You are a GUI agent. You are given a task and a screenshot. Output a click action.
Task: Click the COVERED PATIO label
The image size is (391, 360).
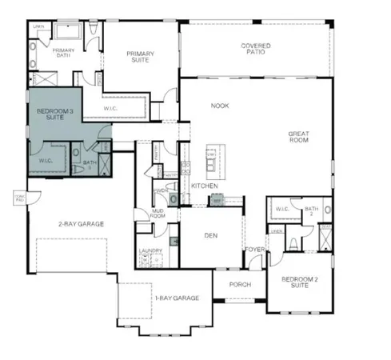tap(255, 50)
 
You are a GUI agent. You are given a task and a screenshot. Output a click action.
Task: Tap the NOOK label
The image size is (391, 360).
tap(219, 106)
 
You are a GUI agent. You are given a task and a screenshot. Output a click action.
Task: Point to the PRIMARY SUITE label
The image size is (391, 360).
tap(141, 57)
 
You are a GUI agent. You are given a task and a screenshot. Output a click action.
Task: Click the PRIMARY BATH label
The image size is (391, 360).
tap(63, 54)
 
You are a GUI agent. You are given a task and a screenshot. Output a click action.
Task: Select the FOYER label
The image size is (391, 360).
tap(254, 250)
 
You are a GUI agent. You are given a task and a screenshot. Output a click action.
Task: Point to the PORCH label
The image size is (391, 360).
tap(240, 284)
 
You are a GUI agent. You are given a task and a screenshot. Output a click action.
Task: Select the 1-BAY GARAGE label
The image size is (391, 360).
tap(176, 298)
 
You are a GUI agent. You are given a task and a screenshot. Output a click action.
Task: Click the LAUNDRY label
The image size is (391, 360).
tap(150, 251)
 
